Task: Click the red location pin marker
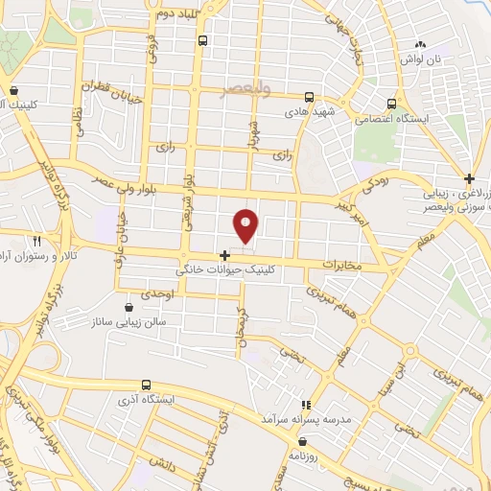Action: tap(245, 226)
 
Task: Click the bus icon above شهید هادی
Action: tap(309, 97)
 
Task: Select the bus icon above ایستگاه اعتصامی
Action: tap(391, 104)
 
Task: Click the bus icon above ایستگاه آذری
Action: tap(145, 384)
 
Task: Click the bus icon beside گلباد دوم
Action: tap(202, 40)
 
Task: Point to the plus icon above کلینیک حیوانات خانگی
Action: tap(223, 255)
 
